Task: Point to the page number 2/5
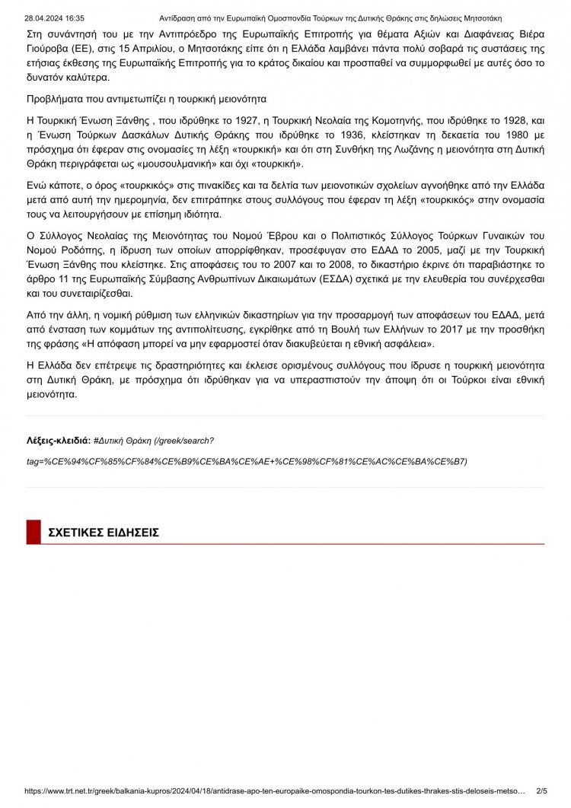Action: coord(542,791)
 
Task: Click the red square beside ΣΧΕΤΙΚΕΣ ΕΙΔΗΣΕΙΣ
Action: coord(33,532)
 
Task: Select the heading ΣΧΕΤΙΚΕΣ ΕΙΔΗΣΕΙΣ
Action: coord(104,533)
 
